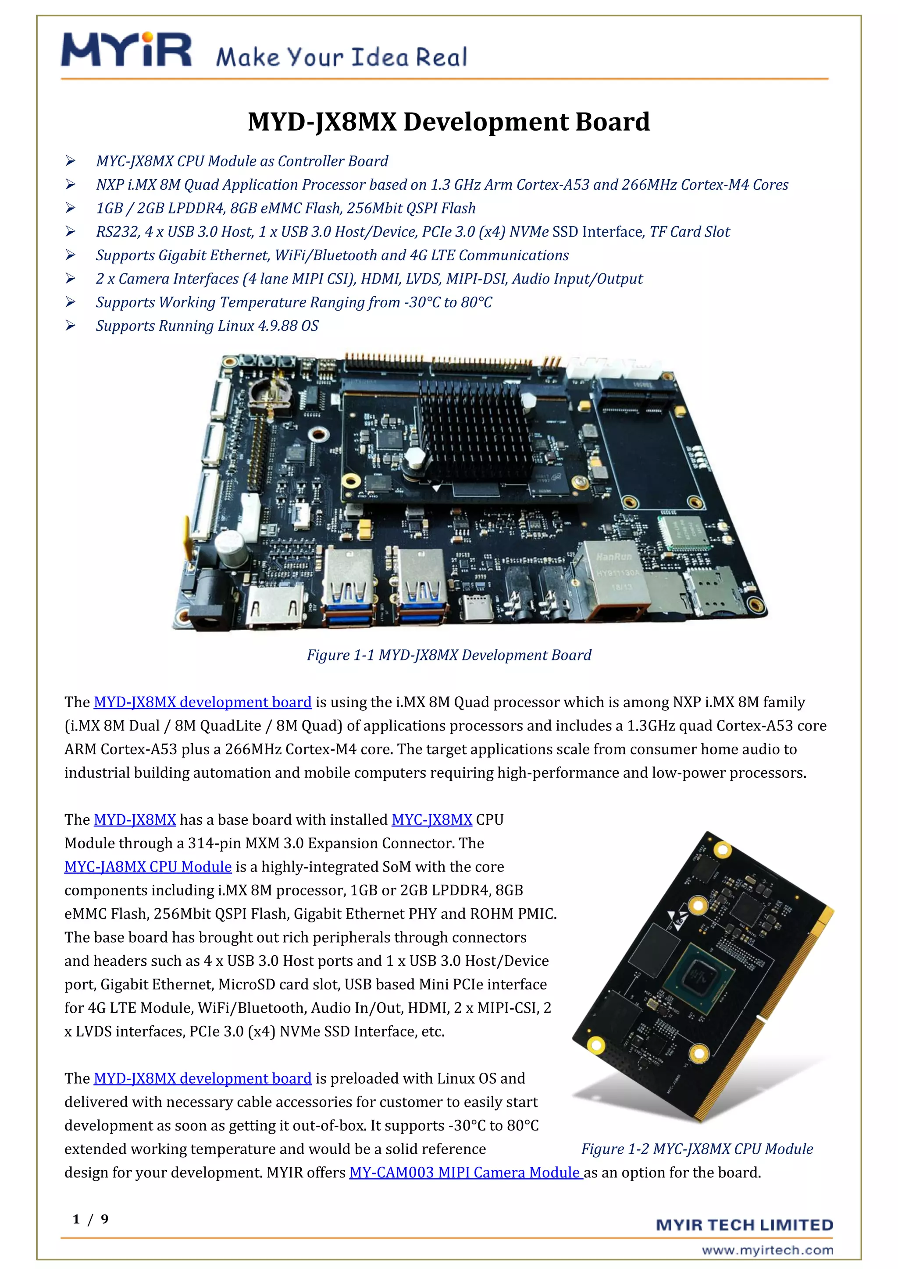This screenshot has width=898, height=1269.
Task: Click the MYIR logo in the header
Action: [126, 50]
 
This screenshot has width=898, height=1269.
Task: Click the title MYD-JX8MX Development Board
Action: [449, 121]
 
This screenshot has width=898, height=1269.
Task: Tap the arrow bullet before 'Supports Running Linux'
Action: [70, 326]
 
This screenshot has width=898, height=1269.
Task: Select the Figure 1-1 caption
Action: [449, 655]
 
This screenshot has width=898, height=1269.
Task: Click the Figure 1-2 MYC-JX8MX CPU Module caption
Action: [697, 1148]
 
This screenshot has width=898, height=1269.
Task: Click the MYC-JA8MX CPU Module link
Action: [148, 867]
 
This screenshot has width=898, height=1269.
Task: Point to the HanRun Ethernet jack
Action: [611, 580]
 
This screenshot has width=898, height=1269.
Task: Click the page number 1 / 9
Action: [90, 1219]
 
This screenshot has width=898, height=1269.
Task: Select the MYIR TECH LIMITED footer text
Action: [744, 1225]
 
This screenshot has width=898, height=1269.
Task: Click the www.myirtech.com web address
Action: [767, 1250]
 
